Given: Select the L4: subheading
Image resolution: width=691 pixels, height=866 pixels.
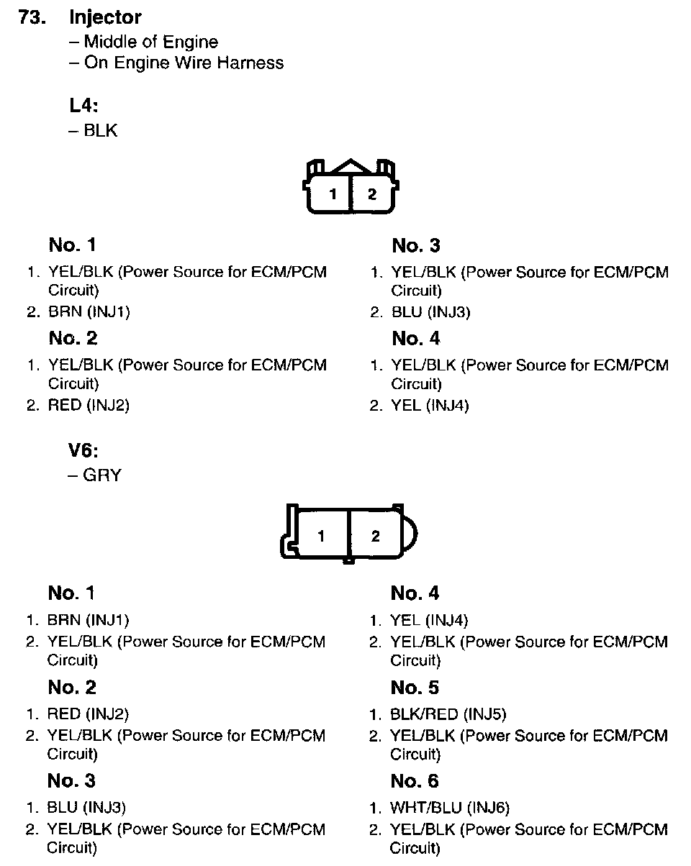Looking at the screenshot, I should [x=83, y=106].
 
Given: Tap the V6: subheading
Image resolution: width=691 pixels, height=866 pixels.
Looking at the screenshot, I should [x=83, y=451].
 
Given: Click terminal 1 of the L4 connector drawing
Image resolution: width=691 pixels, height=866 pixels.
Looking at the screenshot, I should [x=333, y=194].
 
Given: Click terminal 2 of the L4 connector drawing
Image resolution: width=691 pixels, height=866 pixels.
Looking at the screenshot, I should [x=372, y=194].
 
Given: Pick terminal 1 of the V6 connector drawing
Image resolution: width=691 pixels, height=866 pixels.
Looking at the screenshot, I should [x=322, y=536].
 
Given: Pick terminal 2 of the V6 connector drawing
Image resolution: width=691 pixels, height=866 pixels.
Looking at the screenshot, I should [x=375, y=536].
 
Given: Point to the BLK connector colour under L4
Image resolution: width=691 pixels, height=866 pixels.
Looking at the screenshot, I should [x=100, y=131].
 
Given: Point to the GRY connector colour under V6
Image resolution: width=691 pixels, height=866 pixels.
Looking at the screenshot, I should [x=101, y=475].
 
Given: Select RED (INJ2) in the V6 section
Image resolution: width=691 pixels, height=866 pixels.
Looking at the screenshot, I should [x=88, y=714].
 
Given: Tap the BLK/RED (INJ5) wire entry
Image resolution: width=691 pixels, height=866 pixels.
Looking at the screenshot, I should [x=448, y=714].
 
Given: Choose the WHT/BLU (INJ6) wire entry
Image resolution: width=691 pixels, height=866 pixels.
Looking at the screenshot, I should [x=450, y=808].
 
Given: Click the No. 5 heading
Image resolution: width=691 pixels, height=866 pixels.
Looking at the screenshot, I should [x=415, y=688].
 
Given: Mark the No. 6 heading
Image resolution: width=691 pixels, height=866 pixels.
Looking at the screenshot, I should [x=415, y=782].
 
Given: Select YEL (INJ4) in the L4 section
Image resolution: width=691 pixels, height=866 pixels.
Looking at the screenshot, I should [x=430, y=406].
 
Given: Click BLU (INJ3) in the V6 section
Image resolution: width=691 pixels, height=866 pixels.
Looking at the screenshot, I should [x=86, y=808].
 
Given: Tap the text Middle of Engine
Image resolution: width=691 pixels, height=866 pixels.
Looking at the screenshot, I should [x=150, y=42].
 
